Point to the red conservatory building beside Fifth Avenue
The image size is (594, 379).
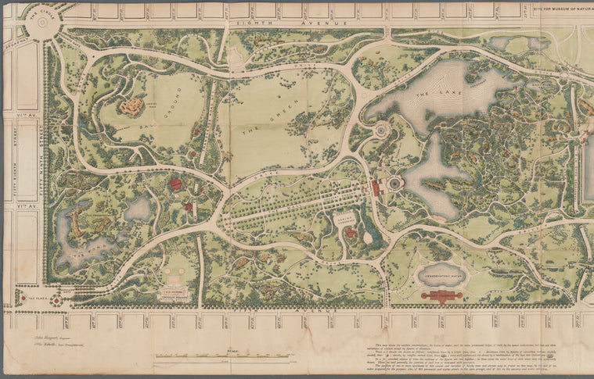(442, 295)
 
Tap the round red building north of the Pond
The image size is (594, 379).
(175, 184)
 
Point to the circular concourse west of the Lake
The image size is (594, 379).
(381, 131)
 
